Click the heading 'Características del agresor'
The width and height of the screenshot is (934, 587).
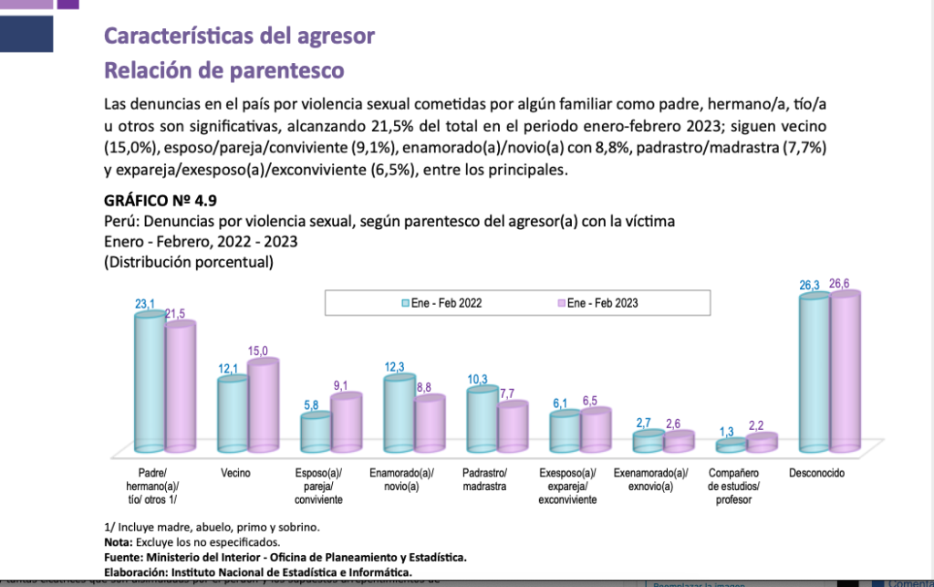pyautogui.click(x=239, y=37)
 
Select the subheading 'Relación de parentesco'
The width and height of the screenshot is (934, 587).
pyautogui.click(x=223, y=70)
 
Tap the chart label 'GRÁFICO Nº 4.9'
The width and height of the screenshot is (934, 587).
pyautogui.click(x=161, y=201)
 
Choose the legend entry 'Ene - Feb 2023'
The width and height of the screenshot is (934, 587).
pyautogui.click(x=598, y=302)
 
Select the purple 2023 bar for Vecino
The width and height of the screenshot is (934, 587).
pyautogui.click(x=263, y=405)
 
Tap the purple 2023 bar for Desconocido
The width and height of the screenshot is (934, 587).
pyautogui.click(x=846, y=370)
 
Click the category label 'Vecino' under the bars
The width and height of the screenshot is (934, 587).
pyautogui.click(x=236, y=474)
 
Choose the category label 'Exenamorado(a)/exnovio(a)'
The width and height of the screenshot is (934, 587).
pyautogui.click(x=649, y=480)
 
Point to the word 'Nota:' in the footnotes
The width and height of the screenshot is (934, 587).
pyautogui.click(x=119, y=542)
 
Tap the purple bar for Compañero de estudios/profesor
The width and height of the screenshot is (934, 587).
pyautogui.click(x=762, y=442)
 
